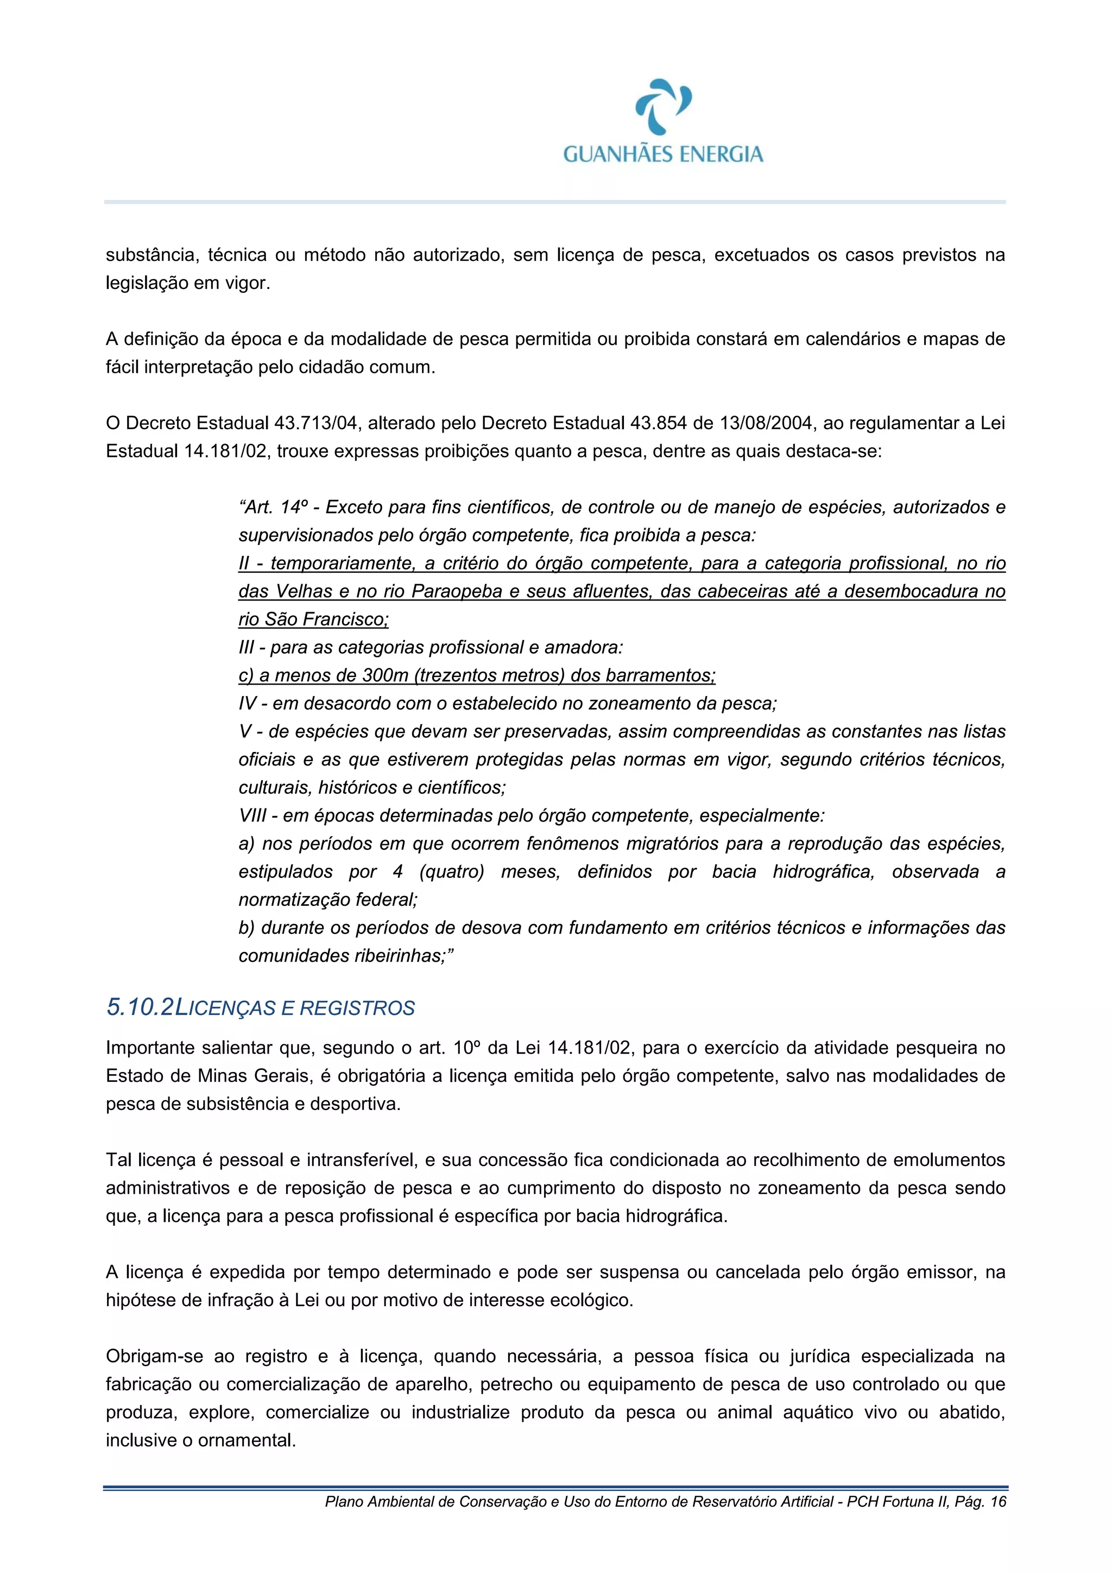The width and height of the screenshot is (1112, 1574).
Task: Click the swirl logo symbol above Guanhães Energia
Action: click(x=662, y=106)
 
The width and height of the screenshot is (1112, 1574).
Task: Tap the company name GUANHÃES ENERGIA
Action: click(x=662, y=154)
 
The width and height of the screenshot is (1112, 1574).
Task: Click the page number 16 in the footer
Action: click(x=999, y=1501)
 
